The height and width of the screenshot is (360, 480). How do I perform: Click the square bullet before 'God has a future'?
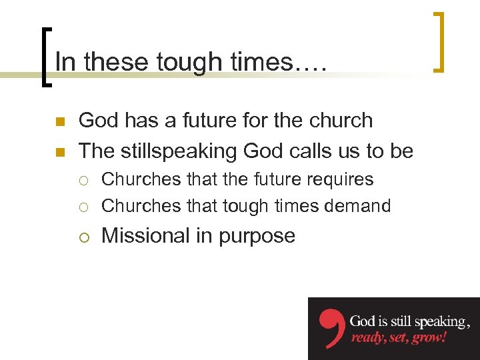59,122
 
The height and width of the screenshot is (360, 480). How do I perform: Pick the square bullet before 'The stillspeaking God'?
59,153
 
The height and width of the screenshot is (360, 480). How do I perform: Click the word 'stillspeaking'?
180,151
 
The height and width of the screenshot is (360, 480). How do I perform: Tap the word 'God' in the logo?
365,321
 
